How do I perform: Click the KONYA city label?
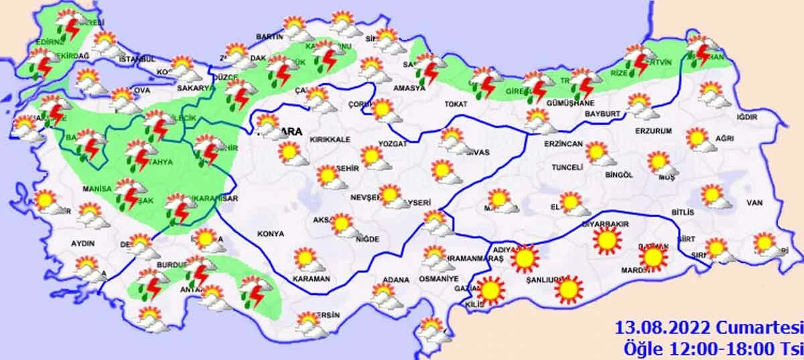coord(271,234)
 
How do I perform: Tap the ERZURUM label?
coord(653,131)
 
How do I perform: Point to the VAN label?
coord(756,203)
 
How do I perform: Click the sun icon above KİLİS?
coord(490,290)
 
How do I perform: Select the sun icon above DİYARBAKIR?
coord(607,239)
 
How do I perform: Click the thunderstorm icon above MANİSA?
coord(127,192)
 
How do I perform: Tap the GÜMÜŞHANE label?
coord(570,104)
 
